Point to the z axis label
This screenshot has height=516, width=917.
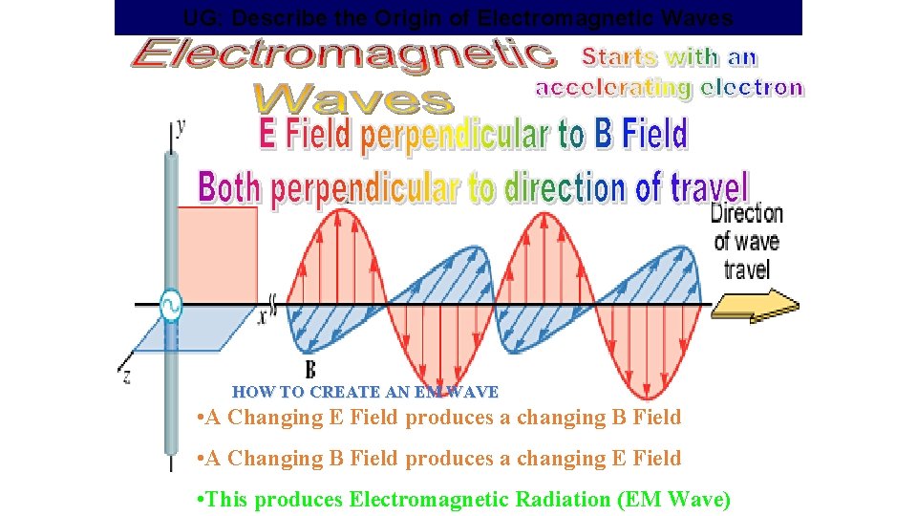[126, 376]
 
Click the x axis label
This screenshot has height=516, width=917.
[261, 317]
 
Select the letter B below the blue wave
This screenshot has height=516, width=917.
[310, 369]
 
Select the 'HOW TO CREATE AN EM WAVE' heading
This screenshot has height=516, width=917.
[365, 392]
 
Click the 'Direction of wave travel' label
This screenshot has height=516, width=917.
[746, 241]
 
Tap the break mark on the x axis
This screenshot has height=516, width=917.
[272, 305]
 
